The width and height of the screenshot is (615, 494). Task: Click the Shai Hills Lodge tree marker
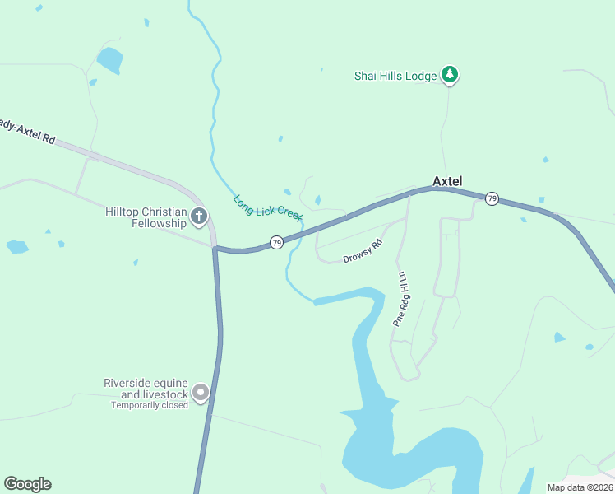pyautogui.click(x=449, y=75)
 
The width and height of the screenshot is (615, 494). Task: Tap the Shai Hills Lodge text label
pyautogui.click(x=395, y=76)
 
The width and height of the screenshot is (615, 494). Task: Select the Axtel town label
pyautogui.click(x=448, y=181)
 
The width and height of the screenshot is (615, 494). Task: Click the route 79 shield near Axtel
pyautogui.click(x=492, y=198)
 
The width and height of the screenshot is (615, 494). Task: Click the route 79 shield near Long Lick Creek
pyautogui.click(x=277, y=242)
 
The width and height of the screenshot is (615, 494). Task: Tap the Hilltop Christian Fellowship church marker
pyautogui.click(x=198, y=217)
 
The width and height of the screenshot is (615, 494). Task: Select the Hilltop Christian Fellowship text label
pyautogui.click(x=146, y=217)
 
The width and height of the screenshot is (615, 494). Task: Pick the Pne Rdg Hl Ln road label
pyautogui.click(x=400, y=298)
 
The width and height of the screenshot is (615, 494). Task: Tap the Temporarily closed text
pyautogui.click(x=150, y=405)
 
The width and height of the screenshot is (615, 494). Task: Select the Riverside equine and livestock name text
pyautogui.click(x=146, y=389)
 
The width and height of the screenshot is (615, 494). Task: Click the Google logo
pyautogui.click(x=28, y=484)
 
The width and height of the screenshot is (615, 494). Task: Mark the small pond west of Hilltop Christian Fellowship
pyautogui.click(x=16, y=246)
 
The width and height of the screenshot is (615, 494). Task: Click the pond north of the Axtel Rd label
pyautogui.click(x=109, y=60)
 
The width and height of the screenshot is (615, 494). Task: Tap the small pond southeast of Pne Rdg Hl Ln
pyautogui.click(x=559, y=337)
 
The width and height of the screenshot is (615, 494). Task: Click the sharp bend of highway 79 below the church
pyautogui.click(x=215, y=249)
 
